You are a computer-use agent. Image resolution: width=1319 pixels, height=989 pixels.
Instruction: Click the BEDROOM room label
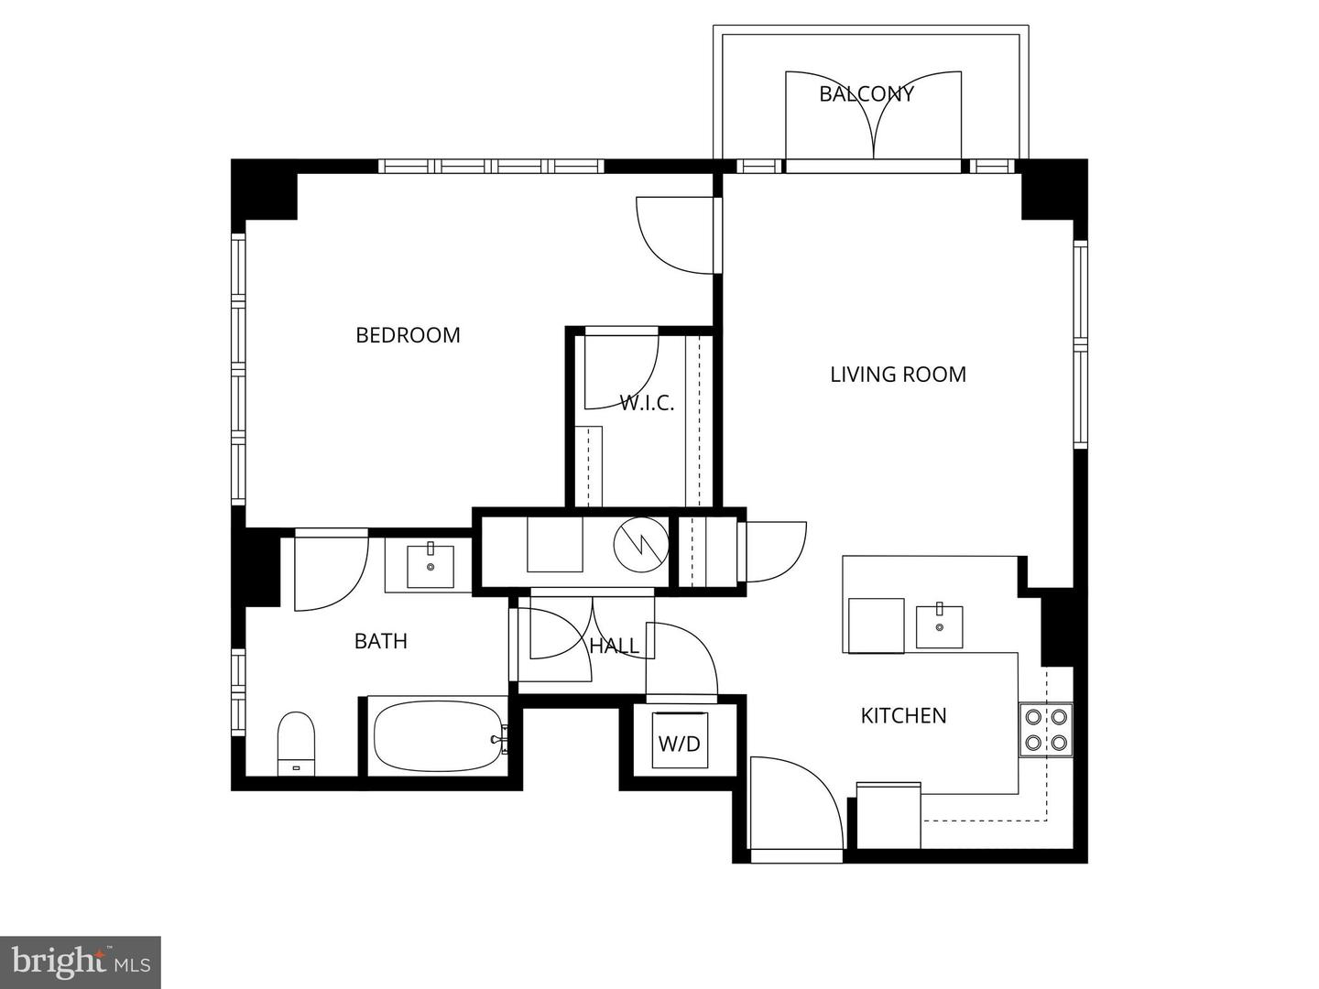[x=408, y=335]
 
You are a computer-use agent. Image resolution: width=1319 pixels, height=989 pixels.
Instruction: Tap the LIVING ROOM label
[x=898, y=374]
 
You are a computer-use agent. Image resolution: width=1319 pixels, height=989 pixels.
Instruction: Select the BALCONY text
[x=866, y=93]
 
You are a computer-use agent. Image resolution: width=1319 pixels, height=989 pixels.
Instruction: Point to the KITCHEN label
[x=903, y=715]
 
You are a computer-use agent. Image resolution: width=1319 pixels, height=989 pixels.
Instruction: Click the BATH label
[x=380, y=641]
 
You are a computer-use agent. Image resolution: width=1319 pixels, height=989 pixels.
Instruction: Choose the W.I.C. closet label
[x=647, y=403]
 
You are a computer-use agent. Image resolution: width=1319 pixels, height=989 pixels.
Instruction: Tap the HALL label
[x=614, y=646]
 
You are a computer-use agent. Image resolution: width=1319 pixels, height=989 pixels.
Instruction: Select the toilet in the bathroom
[x=296, y=742]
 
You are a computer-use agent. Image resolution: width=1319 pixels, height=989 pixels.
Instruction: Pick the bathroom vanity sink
[x=430, y=566]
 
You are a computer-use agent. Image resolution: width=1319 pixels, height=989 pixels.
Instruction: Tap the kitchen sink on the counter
[x=939, y=626]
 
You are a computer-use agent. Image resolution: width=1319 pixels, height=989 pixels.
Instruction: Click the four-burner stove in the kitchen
[x=1046, y=730]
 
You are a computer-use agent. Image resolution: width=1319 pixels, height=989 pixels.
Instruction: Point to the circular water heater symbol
[x=640, y=545]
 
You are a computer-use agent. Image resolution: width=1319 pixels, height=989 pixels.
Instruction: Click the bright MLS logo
[x=81, y=962]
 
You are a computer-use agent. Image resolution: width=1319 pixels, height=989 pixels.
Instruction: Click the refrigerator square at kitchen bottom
[x=888, y=815]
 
